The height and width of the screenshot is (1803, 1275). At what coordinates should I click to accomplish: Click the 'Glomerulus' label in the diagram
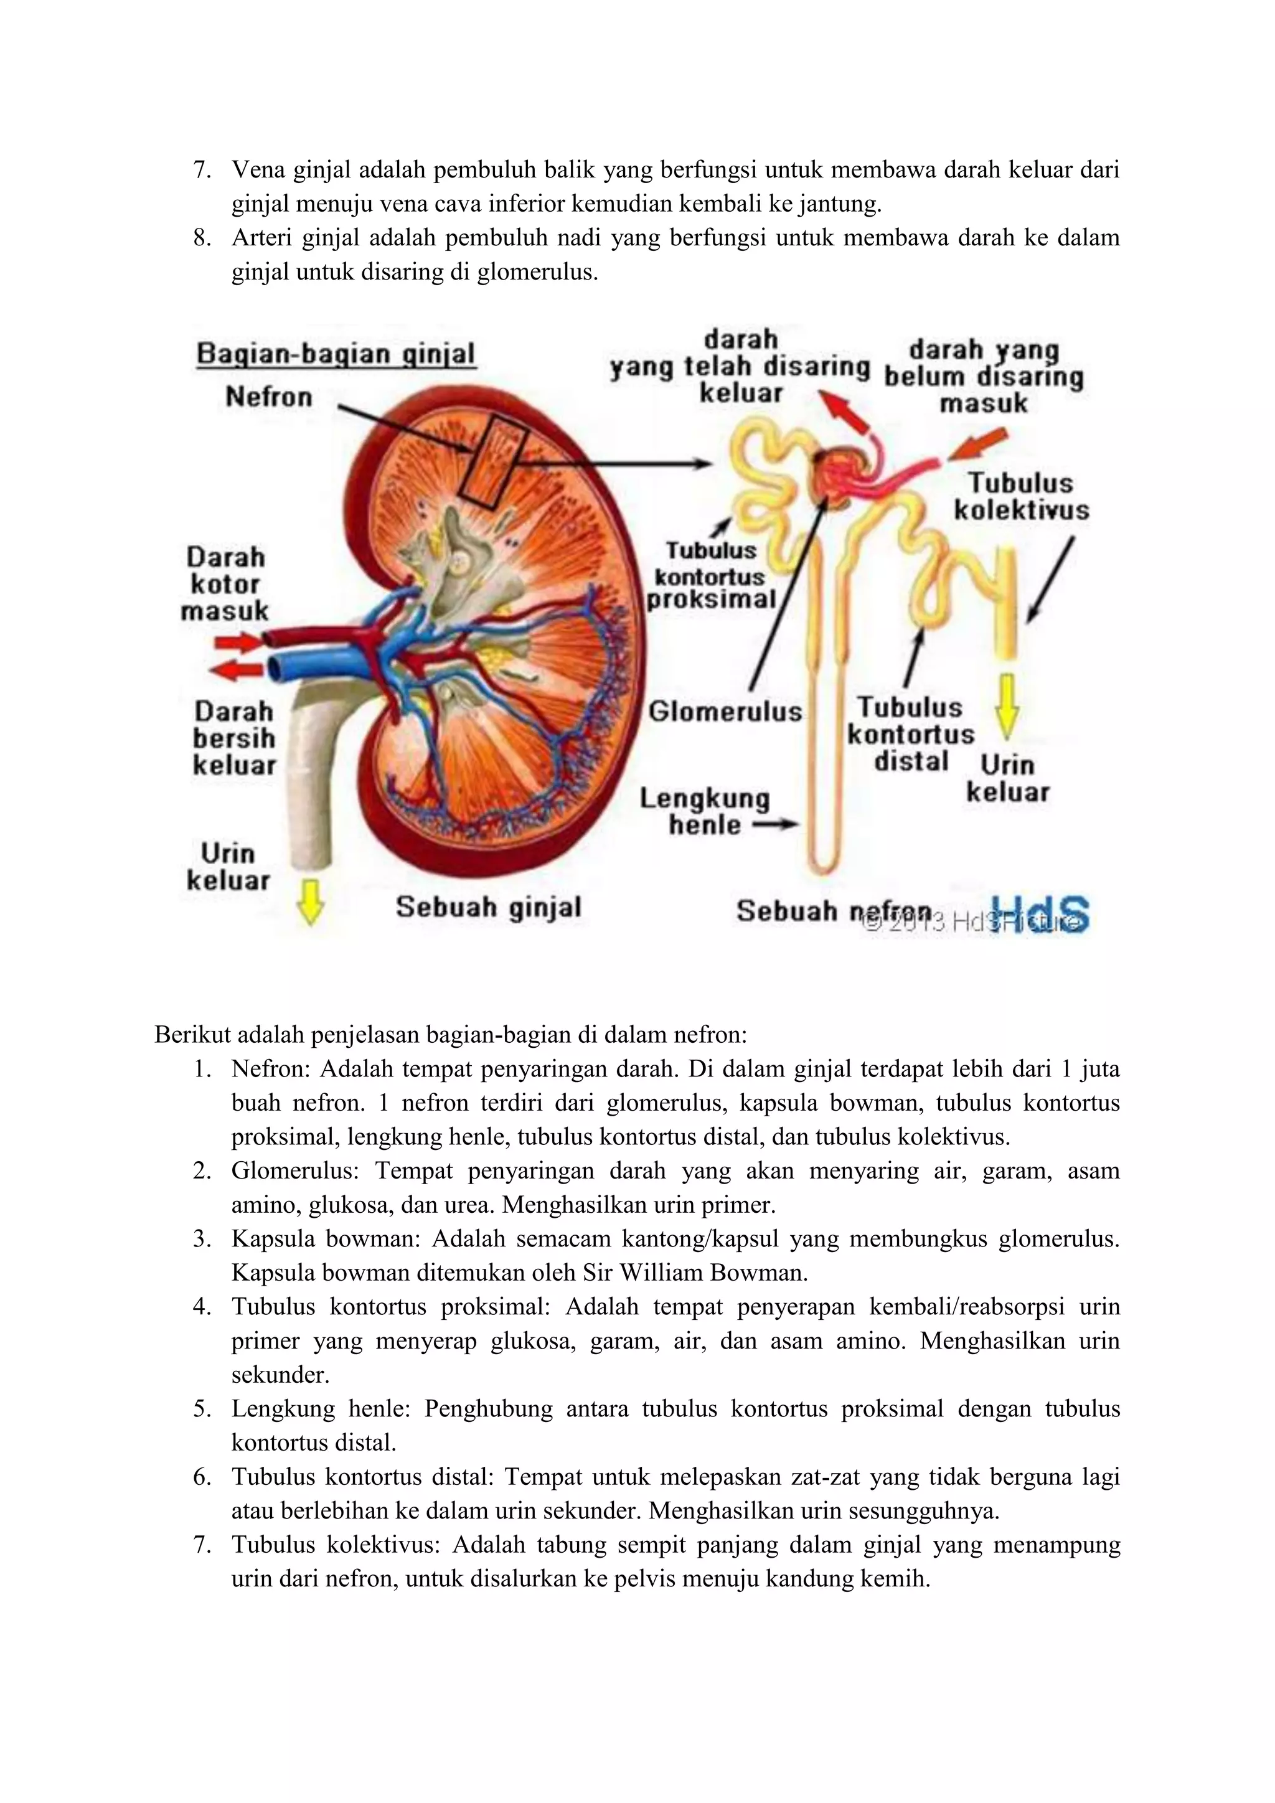[x=725, y=712]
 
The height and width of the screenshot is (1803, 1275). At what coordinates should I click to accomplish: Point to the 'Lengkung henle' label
[x=704, y=811]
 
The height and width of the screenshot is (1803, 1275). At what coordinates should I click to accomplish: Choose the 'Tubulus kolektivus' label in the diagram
[x=1022, y=496]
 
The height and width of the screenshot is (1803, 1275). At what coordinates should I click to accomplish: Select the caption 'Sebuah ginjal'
[x=487, y=907]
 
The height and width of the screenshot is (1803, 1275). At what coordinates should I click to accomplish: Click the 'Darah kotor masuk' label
[x=227, y=583]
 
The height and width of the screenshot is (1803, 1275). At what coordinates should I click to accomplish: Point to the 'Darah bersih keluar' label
[x=234, y=738]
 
